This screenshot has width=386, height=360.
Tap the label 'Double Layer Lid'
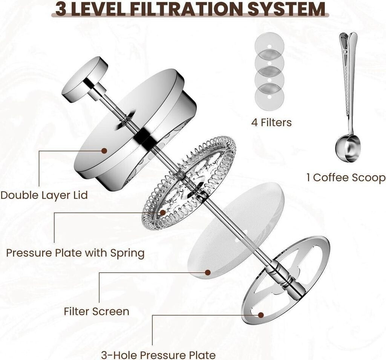[44, 195]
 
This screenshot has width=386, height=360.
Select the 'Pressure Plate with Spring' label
[75, 253]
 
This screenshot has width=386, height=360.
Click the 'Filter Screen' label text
[96, 311]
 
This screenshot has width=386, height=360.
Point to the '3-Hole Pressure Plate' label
[158, 355]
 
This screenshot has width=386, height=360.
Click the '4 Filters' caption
[271, 123]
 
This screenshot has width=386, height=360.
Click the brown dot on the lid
[104, 151]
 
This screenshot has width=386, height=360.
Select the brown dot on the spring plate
[163, 212]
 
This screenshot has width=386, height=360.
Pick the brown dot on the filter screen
[208, 272]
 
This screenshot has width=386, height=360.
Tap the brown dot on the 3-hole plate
[261, 315]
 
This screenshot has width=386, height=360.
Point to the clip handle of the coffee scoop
[348, 74]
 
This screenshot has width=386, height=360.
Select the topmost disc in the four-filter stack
[269, 46]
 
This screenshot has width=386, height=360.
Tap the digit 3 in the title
[60, 9]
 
